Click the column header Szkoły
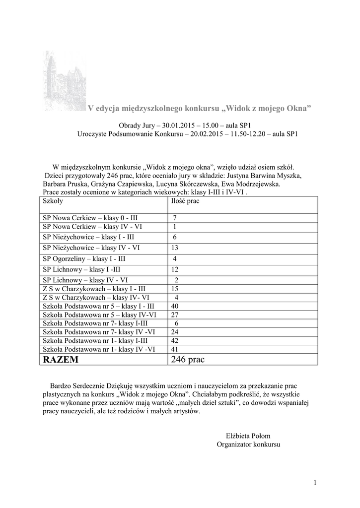click(53, 202)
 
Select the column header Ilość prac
click(185, 202)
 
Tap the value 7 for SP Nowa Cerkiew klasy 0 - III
click(175, 218)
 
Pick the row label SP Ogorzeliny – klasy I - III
click(84, 259)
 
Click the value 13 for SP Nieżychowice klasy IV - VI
click(174, 248)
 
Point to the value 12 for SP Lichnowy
click(174, 269)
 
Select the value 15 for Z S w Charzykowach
click(174, 289)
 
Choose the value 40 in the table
click(174, 306)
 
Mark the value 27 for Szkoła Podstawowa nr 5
click(174, 315)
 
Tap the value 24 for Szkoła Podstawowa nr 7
click(174, 332)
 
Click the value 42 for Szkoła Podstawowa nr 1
click(174, 340)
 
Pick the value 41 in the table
click(174, 349)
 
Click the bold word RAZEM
click(61, 360)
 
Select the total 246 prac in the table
click(188, 360)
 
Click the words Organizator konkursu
click(248, 444)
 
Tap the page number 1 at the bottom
click(315, 483)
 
